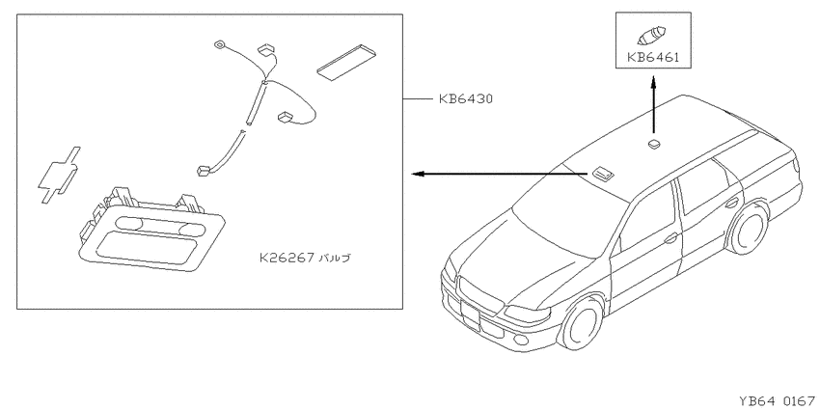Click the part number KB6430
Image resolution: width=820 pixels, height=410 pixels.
point(465,98)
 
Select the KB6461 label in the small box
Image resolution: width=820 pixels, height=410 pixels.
point(653,57)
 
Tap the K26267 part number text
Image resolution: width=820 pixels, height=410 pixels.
point(287,258)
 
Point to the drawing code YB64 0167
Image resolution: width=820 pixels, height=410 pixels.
point(779,401)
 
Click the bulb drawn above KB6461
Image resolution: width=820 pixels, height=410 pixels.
point(651,35)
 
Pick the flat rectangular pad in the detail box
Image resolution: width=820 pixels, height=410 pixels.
point(345,62)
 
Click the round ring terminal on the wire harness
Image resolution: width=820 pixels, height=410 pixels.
point(219,45)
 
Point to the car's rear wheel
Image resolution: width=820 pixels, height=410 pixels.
point(749,228)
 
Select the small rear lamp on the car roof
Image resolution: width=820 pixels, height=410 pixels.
point(654,144)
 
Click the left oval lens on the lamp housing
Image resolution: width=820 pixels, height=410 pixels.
point(129,223)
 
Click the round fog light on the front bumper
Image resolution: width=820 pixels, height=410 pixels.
point(522,341)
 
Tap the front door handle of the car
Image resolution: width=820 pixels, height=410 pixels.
point(670,238)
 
